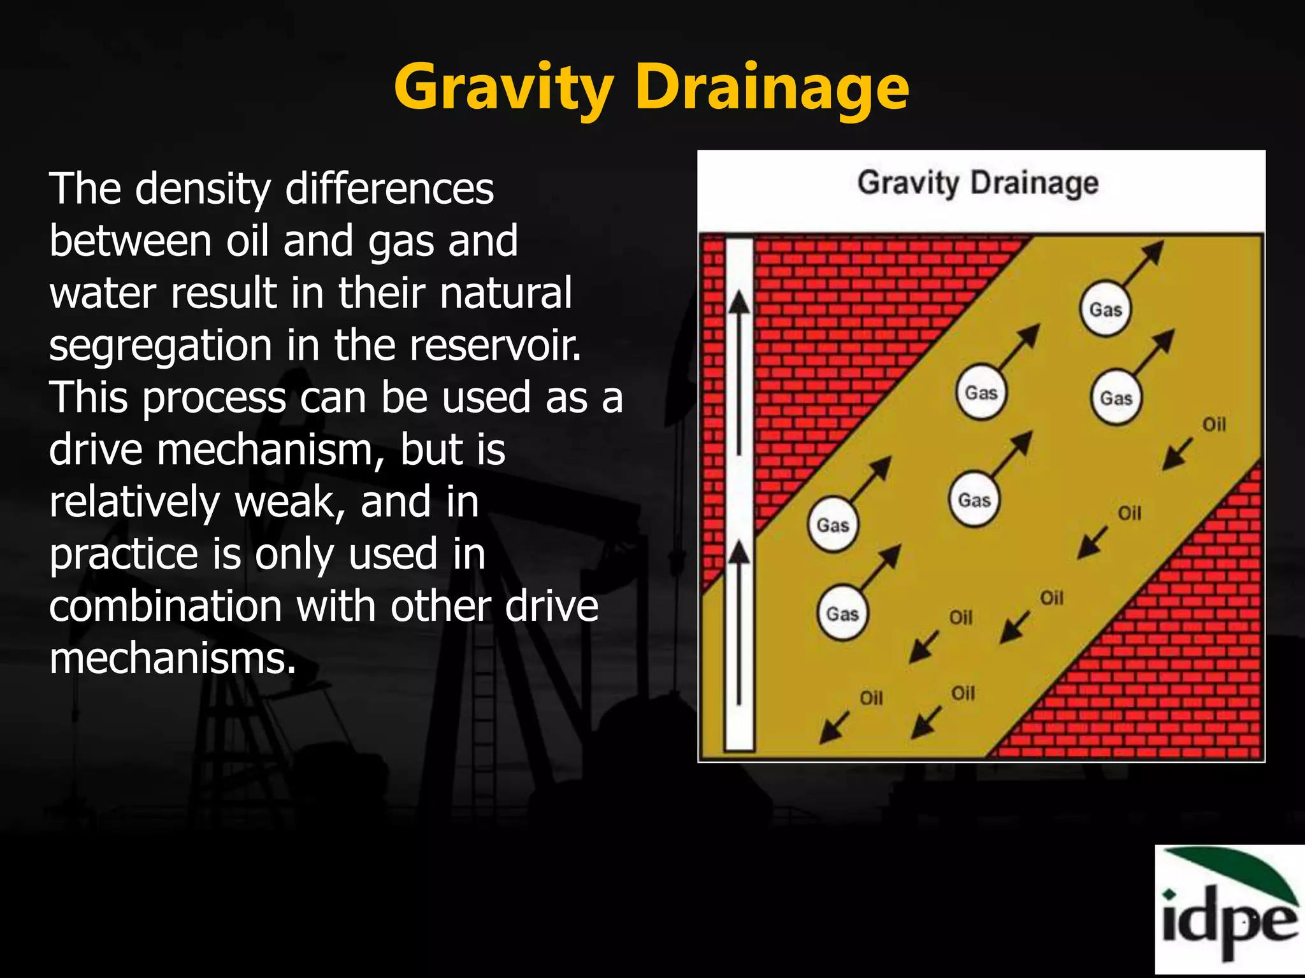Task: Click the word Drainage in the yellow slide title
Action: coord(772,88)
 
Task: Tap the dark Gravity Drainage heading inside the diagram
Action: coord(977,183)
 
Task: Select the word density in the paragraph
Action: coord(203,189)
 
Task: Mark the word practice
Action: coord(124,555)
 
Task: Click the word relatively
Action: coord(134,502)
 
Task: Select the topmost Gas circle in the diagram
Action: coord(1106,309)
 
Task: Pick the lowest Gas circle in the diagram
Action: coord(842,614)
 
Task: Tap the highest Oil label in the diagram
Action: coord(1214,424)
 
